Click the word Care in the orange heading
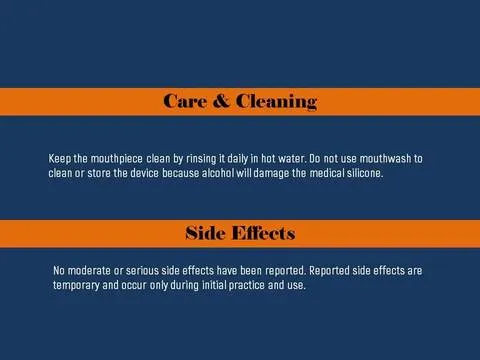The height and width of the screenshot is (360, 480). [185, 101]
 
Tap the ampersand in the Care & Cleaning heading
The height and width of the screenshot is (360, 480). [221, 101]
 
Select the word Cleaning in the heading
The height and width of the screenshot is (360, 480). [276, 102]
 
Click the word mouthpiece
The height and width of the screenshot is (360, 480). [117, 159]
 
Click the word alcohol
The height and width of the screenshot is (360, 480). [218, 173]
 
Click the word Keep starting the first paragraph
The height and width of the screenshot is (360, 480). [60, 159]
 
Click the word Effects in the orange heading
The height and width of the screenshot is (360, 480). [263, 233]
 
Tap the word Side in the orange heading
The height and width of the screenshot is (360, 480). [205, 233]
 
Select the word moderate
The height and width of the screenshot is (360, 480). [89, 271]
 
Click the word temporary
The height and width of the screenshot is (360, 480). [76, 286]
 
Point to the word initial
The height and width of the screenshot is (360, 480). [214, 285]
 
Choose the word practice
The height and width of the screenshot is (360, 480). [247, 286]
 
